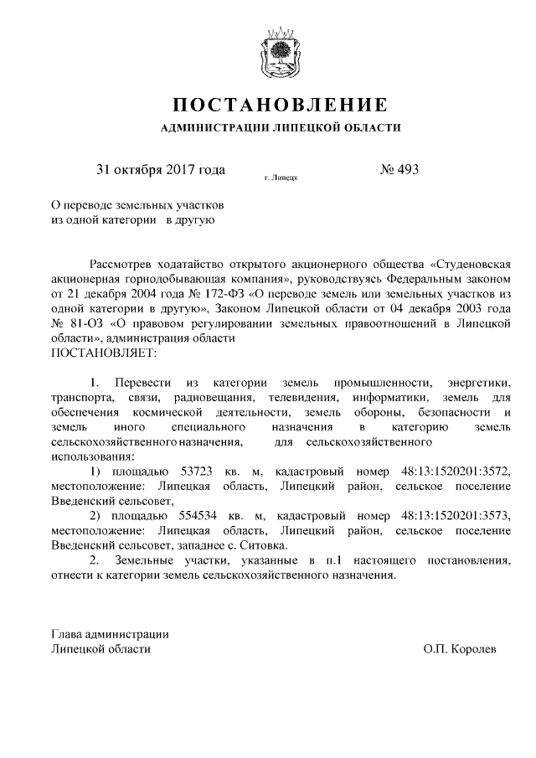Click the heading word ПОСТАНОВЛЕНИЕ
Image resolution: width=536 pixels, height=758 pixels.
point(280,105)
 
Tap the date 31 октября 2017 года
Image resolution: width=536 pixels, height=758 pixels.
point(161,170)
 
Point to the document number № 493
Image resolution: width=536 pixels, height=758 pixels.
point(399,170)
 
